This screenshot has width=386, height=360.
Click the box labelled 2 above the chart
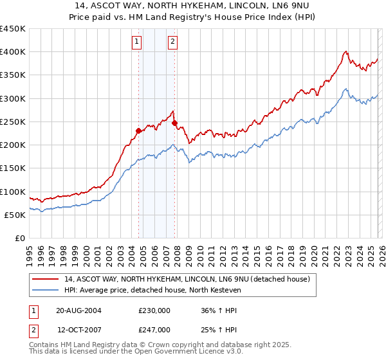(x=173, y=42)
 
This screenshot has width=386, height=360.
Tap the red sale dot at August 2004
(x=138, y=130)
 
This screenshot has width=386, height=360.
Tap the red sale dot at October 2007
(x=174, y=123)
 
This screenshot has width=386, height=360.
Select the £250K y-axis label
(x=13, y=122)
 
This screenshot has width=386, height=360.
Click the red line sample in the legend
(x=46, y=279)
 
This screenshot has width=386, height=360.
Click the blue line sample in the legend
(x=46, y=290)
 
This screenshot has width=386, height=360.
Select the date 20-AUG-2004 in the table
(x=78, y=310)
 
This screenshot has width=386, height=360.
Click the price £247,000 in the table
(x=154, y=329)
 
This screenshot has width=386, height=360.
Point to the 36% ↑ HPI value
(x=219, y=310)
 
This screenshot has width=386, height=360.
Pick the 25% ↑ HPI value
(x=219, y=329)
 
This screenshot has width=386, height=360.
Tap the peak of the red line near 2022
(x=346, y=51)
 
